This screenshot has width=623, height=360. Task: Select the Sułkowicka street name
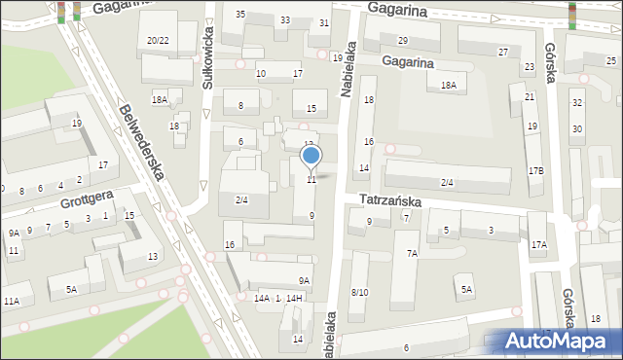(207, 65)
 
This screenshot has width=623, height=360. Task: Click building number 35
(240, 14)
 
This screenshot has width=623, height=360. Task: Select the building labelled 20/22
(158, 40)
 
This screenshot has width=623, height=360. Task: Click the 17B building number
(535, 170)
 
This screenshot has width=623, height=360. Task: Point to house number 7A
(412, 253)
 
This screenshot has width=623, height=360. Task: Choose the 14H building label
(294, 298)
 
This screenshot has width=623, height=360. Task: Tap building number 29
(402, 40)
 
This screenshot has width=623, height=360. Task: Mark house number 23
(530, 67)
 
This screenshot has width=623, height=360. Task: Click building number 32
(577, 103)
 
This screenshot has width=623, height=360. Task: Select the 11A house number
(11, 302)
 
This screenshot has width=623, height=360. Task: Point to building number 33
(285, 20)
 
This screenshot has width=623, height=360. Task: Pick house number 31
(324, 23)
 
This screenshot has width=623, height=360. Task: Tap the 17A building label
(538, 245)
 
